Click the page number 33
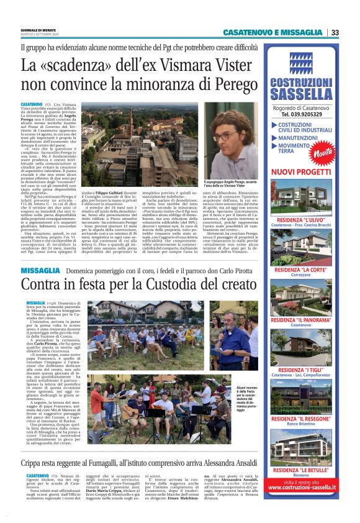[x=335, y=32]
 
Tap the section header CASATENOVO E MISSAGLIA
[x=272, y=32]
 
